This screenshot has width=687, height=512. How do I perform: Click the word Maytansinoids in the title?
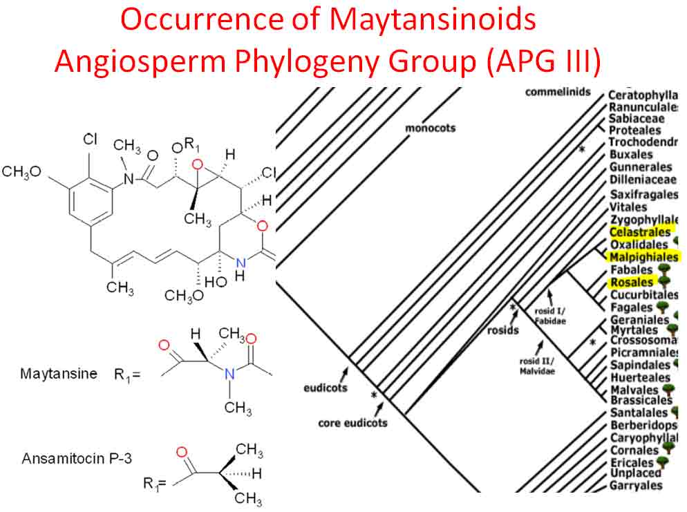[432, 21]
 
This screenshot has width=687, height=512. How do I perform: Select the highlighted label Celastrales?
[639, 231]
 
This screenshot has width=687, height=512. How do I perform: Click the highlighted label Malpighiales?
[643, 257]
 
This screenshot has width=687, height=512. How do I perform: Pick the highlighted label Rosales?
[631, 283]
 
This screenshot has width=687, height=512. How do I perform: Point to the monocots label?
[430, 128]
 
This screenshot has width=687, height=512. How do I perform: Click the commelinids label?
[558, 91]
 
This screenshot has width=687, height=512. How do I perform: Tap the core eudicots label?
[352, 422]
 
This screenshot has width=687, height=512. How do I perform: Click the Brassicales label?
[641, 400]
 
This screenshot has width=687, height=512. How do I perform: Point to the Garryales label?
[636, 486]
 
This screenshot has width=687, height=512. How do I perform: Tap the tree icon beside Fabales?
[665, 269]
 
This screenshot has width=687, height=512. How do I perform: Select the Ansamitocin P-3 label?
[70, 458]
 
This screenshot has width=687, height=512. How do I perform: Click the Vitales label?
[628, 207]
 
